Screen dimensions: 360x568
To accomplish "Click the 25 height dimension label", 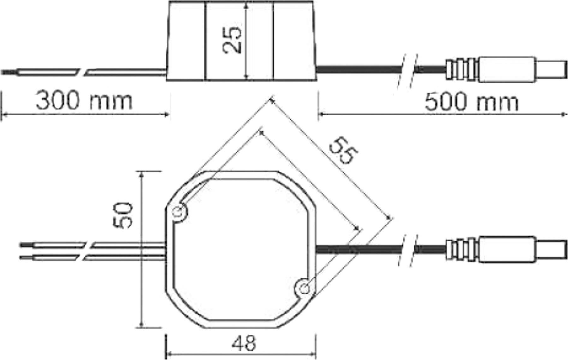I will click(x=233, y=40).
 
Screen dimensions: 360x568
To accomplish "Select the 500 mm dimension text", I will click(x=471, y=102).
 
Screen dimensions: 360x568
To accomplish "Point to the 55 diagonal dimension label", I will click(x=343, y=151).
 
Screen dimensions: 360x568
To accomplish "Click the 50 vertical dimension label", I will click(x=122, y=215).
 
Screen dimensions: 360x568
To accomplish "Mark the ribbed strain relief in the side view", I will click(x=461, y=69).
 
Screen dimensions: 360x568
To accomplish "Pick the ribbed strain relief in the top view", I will click(x=461, y=249).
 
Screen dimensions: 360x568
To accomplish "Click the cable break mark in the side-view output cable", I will click(x=407, y=71).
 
